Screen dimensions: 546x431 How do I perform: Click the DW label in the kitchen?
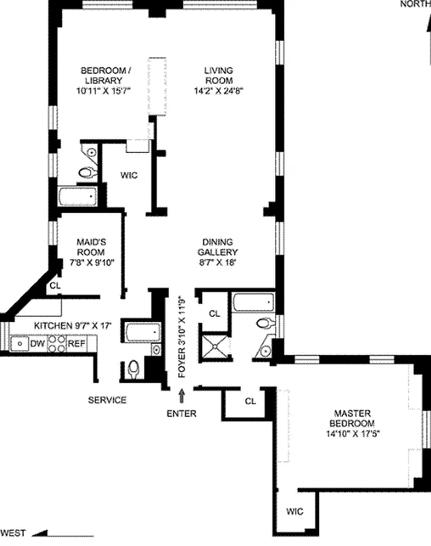pyautogui.click(x=38, y=343)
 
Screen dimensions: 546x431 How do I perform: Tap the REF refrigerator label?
pyautogui.click(x=76, y=343)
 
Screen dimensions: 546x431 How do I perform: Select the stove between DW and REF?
pyautogui.click(x=57, y=343)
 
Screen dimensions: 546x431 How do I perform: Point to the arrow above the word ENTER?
pyautogui.click(x=182, y=395)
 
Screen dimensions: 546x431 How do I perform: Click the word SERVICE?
pyautogui.click(x=107, y=400)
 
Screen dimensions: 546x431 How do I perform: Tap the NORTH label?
pyautogui.click(x=415, y=4)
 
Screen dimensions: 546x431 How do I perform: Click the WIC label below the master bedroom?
pyautogui.click(x=294, y=511)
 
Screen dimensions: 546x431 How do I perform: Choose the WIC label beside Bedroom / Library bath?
pyautogui.click(x=129, y=175)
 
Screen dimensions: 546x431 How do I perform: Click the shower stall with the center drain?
pyautogui.click(x=217, y=345)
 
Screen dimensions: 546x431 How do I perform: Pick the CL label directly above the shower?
pyautogui.click(x=214, y=313)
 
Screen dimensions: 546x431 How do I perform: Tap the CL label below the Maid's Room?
pyautogui.click(x=55, y=286)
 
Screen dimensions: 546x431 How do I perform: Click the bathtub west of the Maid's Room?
pyautogui.click(x=79, y=197)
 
